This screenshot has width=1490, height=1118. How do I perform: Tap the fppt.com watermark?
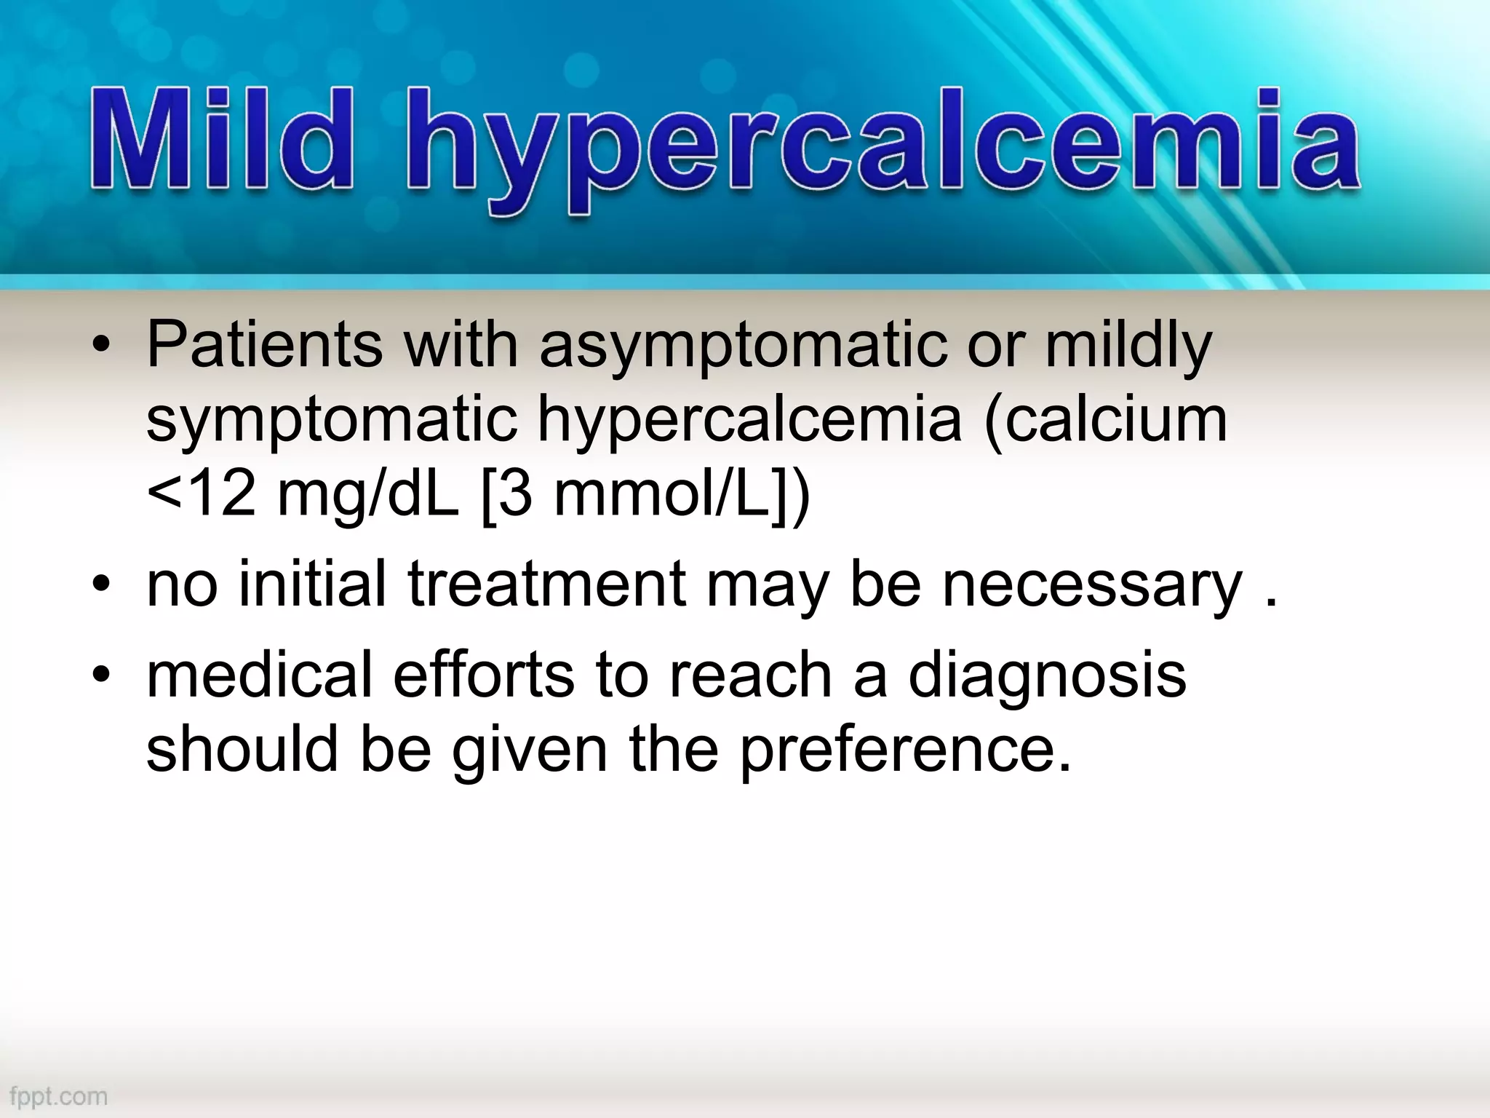55,1095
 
